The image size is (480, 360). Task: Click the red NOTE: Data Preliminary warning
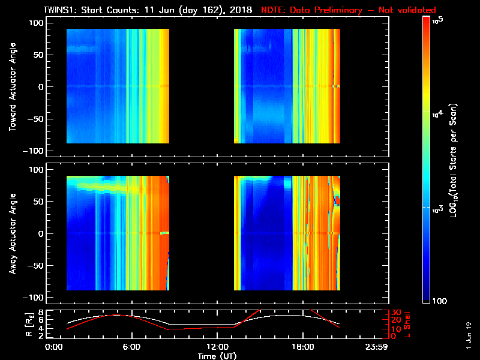348,10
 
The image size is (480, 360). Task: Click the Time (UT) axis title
218,356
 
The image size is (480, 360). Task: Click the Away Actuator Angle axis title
13,233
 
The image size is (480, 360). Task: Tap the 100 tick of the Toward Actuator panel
37,22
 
